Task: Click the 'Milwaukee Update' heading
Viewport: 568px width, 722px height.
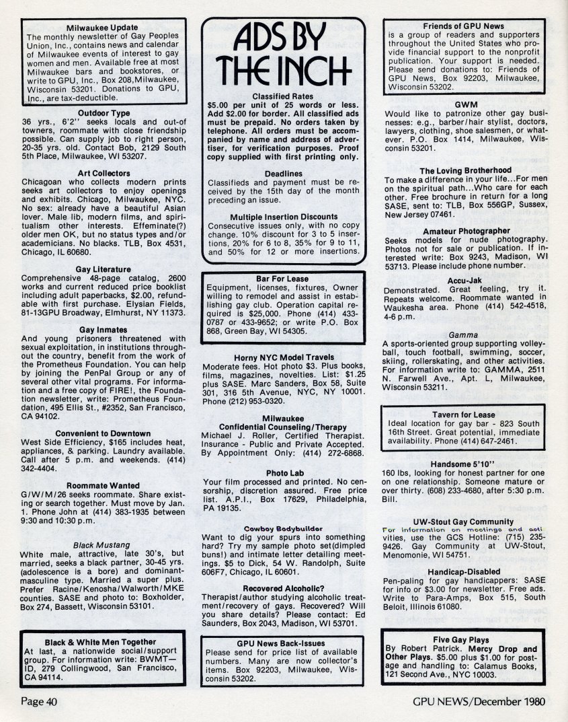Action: (x=104, y=27)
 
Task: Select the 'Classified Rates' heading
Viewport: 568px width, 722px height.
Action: (x=284, y=96)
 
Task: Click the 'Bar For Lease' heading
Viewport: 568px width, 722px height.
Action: (x=283, y=279)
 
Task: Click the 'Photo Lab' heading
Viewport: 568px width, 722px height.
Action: (x=283, y=473)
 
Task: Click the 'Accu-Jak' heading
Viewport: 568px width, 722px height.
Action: (x=465, y=281)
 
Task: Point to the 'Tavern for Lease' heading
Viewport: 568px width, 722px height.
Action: (x=465, y=414)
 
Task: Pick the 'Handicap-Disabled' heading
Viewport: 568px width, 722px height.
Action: (x=465, y=571)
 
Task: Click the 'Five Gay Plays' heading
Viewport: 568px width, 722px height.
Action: (x=465, y=640)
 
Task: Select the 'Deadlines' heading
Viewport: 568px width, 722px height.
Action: (x=284, y=173)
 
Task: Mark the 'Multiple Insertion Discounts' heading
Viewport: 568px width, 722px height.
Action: (x=284, y=217)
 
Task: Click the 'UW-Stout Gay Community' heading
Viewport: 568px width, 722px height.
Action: (x=465, y=521)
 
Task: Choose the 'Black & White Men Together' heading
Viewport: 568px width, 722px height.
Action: (x=100, y=642)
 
